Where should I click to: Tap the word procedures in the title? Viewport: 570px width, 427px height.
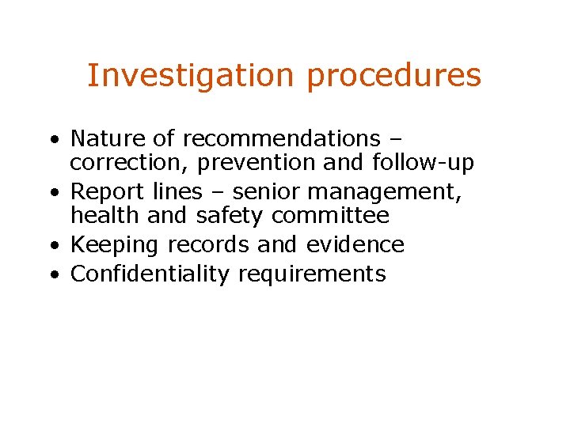[393, 76]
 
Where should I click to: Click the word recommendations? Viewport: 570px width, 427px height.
[281, 138]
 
